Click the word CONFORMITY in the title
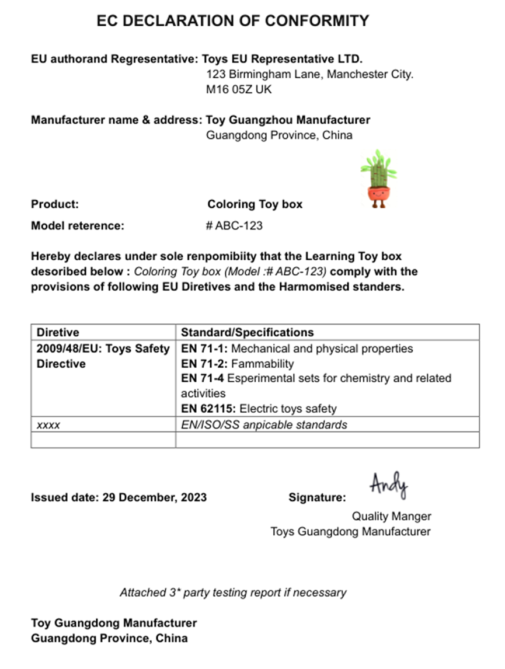pyautogui.click(x=317, y=21)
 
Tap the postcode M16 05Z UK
pyautogui.click(x=239, y=90)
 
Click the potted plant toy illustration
pyautogui.click(x=378, y=179)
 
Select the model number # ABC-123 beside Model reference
pyautogui.click(x=234, y=226)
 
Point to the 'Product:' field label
pyautogui.click(x=55, y=204)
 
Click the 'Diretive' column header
pyautogui.click(x=58, y=332)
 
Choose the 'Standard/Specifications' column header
pyautogui.click(x=247, y=332)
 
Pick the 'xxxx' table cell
pyautogui.click(x=48, y=425)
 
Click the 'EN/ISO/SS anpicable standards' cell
pyautogui.click(x=264, y=425)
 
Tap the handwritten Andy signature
pyautogui.click(x=388, y=485)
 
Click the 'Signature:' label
pyautogui.click(x=317, y=497)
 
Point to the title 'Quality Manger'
pyautogui.click(x=391, y=516)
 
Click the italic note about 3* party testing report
pyautogui.click(x=233, y=592)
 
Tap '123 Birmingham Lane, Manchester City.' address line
pyautogui.click(x=310, y=75)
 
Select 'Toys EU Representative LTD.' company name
pyautogui.click(x=282, y=59)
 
